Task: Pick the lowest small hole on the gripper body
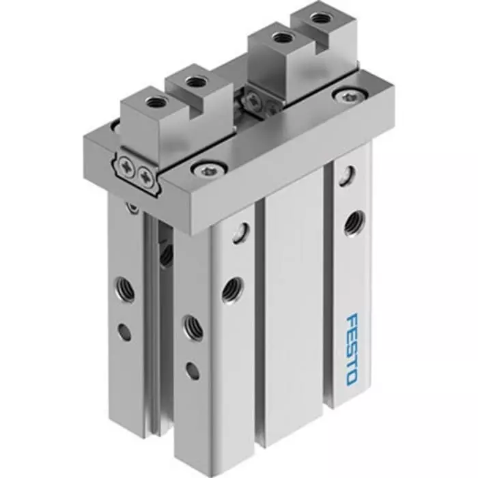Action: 193,371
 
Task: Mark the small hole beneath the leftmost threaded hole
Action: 124,333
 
